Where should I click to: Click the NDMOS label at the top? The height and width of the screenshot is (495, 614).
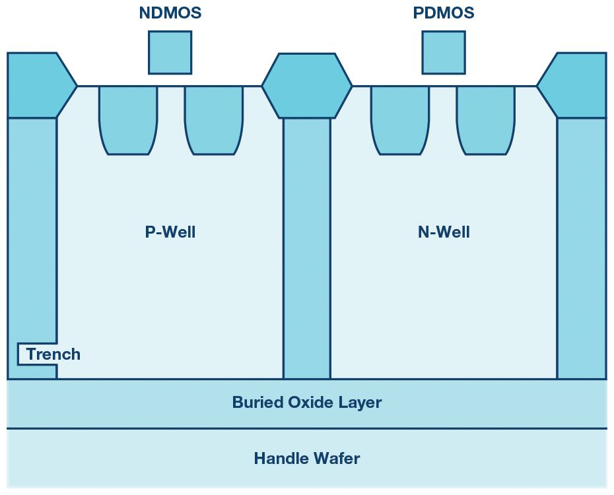click(x=170, y=13)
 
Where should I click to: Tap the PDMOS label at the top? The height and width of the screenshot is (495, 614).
click(x=444, y=13)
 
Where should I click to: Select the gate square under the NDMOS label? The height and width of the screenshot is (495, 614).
click(x=170, y=52)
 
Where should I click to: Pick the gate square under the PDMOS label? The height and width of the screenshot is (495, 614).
click(x=444, y=52)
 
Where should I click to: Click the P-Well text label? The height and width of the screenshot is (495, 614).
click(x=170, y=232)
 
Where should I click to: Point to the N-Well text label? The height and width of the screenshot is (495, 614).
click(x=444, y=232)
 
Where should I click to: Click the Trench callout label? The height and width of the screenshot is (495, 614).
click(x=53, y=354)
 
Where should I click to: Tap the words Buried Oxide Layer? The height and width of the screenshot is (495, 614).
click(x=306, y=403)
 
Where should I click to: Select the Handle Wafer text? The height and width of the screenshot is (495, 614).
click(x=306, y=458)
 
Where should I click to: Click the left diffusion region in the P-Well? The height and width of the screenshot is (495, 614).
click(x=128, y=119)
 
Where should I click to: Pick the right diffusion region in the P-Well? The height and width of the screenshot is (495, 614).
click(x=213, y=119)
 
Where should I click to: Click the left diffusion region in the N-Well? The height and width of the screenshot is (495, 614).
click(x=399, y=119)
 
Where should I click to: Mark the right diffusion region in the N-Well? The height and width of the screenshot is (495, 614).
click(x=485, y=119)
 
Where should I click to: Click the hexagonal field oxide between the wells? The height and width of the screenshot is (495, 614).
click(x=306, y=86)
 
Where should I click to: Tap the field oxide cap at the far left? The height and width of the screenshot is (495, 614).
click(x=36, y=86)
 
